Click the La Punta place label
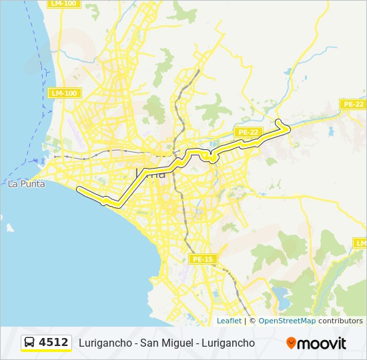coord(26,184)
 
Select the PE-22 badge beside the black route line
coord(248,132)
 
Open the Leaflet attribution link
coord(229,321)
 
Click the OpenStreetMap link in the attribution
coord(287,321)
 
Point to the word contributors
coord(340,321)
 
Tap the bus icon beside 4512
coord(30,343)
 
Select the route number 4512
coord(53,343)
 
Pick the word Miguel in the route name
coord(176,343)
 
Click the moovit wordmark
coord(322,343)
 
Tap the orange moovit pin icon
coord(291,343)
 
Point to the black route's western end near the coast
coord(79,189)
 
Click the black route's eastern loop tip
coord(288,124)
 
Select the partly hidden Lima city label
coord(151,173)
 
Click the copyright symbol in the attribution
coord(252,321)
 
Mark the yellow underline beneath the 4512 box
coord(46,351)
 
